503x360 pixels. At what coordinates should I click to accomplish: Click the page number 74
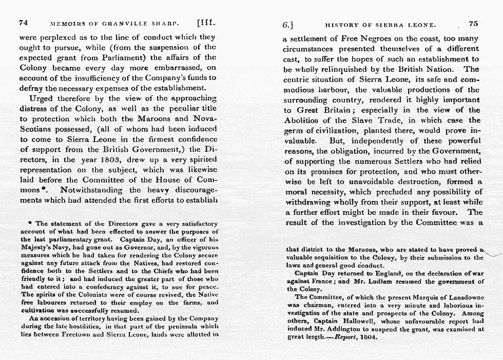(x=23, y=23)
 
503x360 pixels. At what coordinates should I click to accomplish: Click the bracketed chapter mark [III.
(x=207, y=23)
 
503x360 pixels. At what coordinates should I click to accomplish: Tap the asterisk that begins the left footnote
(x=31, y=224)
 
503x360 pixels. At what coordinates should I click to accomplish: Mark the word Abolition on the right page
(x=304, y=120)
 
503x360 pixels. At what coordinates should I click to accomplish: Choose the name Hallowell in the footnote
(x=353, y=320)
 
